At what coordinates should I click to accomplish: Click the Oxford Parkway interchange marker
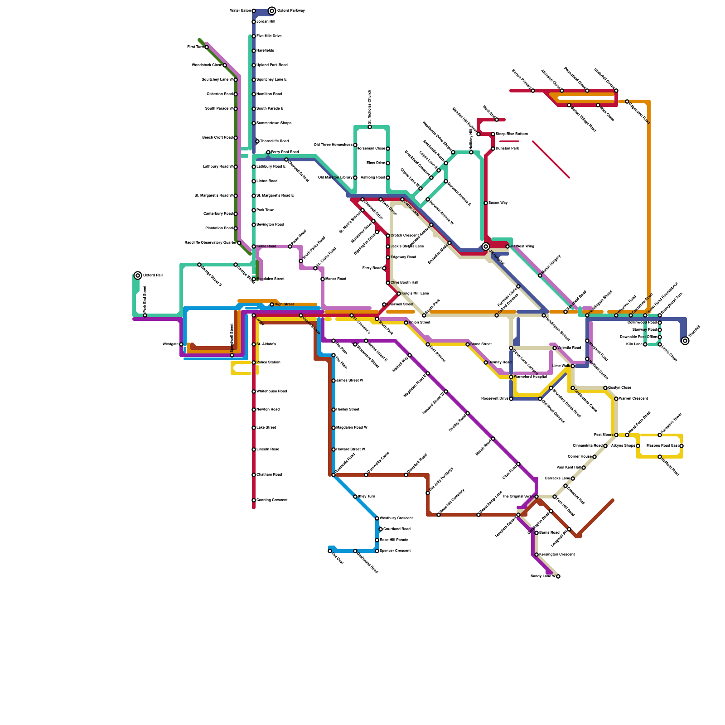(x=272, y=11)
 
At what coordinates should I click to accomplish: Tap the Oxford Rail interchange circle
(x=138, y=275)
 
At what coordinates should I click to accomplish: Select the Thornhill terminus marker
(x=685, y=341)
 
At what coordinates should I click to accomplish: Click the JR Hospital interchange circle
(x=486, y=246)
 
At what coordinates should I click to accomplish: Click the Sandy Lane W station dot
(x=558, y=576)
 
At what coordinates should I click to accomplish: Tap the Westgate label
(x=170, y=344)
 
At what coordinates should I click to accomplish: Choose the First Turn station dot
(x=207, y=47)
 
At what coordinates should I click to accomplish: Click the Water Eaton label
(x=240, y=11)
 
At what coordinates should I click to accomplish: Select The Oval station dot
(x=330, y=551)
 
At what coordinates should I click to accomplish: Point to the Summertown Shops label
(x=274, y=123)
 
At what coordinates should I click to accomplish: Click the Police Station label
(x=269, y=362)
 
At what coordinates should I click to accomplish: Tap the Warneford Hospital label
(x=531, y=377)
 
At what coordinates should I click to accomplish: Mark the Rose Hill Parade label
(x=394, y=540)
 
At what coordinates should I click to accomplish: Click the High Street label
(x=284, y=304)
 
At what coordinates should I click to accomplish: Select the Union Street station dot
(x=406, y=323)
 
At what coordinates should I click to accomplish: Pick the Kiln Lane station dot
(x=645, y=344)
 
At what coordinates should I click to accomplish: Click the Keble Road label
(x=266, y=246)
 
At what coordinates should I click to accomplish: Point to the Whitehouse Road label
(x=272, y=391)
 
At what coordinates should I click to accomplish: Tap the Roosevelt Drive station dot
(x=511, y=399)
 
